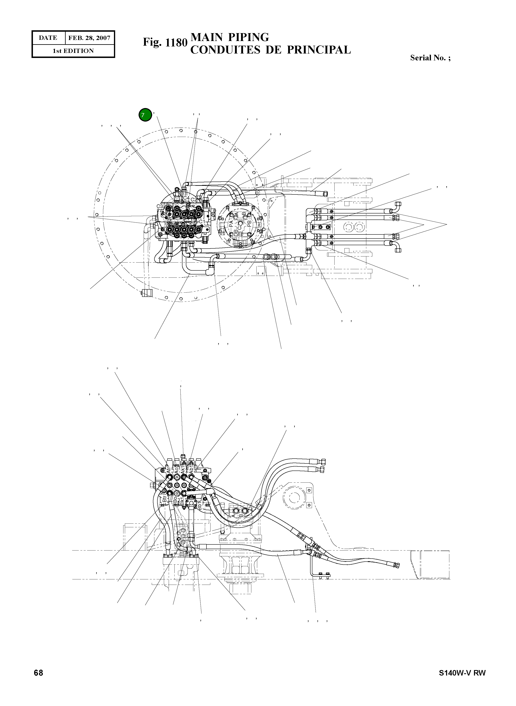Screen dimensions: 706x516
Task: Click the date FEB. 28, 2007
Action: tap(89, 38)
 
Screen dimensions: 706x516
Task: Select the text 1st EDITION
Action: tap(73, 51)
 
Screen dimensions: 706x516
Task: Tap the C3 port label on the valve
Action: tap(160, 206)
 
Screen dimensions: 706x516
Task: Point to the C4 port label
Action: tap(186, 198)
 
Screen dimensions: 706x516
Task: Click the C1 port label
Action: tap(202, 221)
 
